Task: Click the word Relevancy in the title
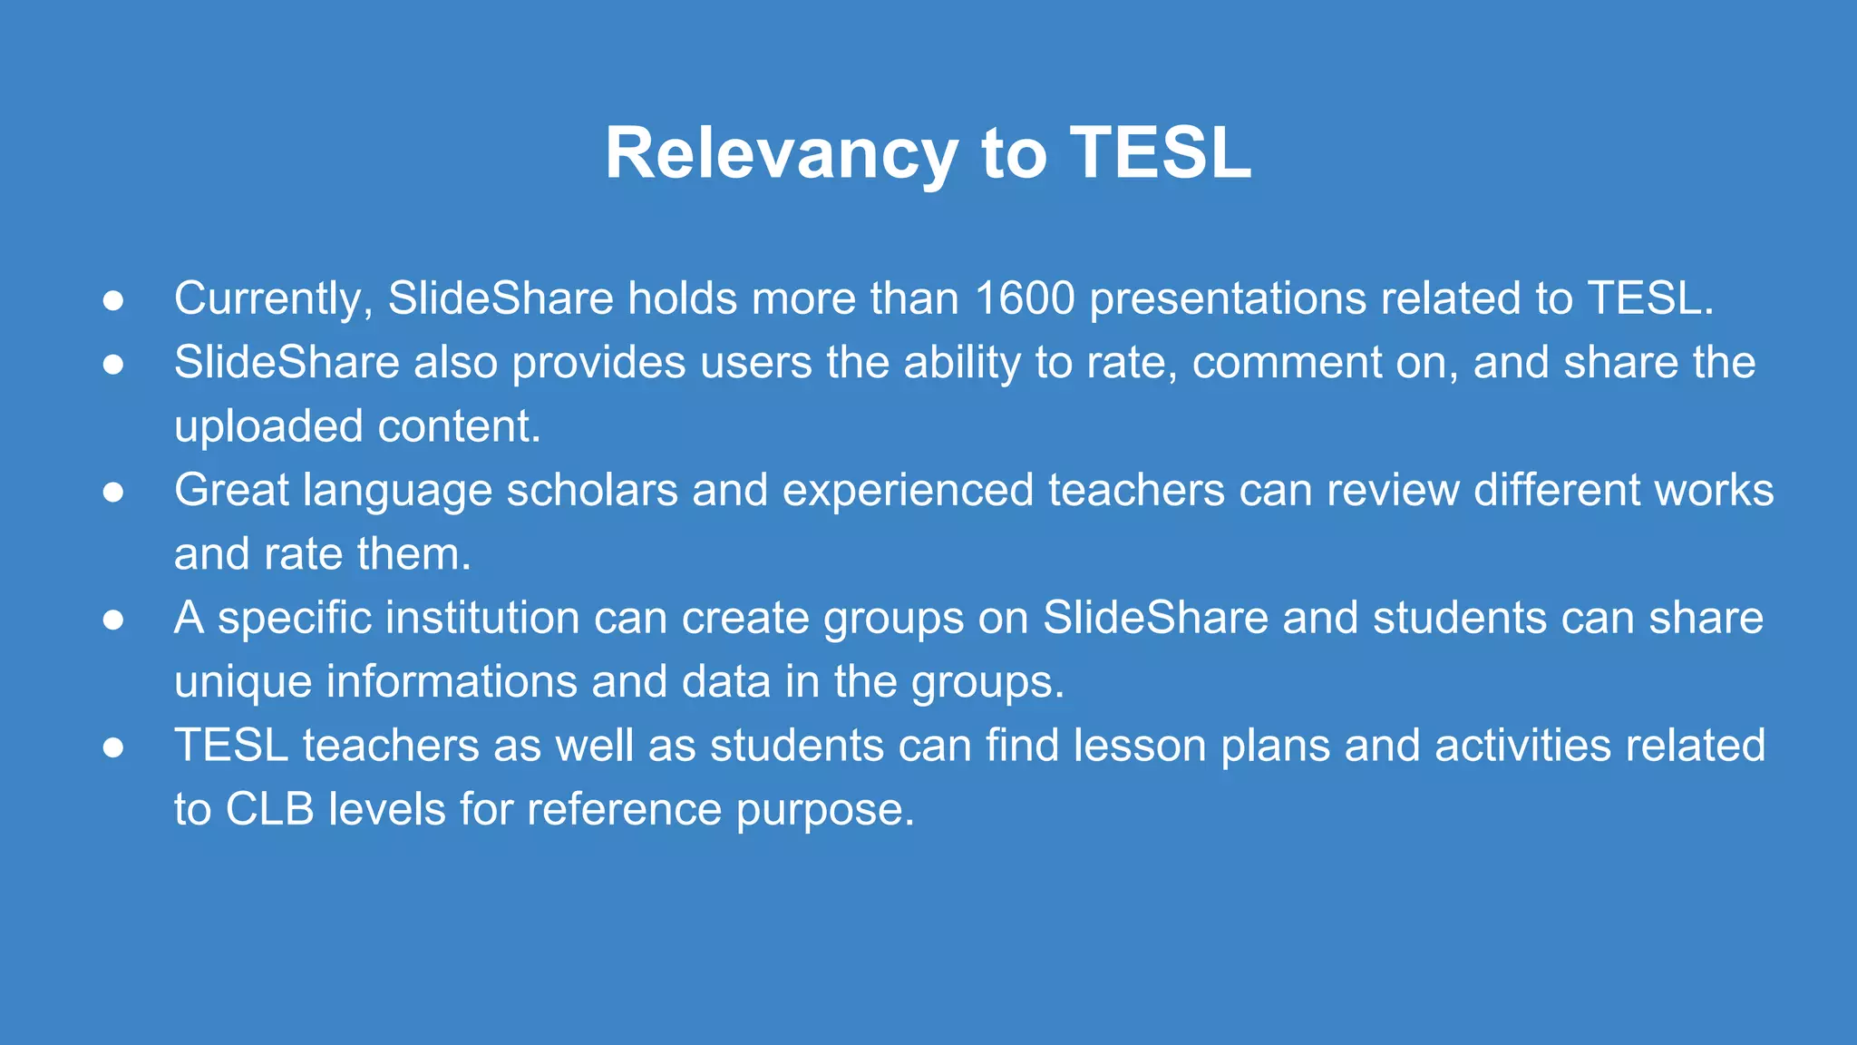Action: [781, 154]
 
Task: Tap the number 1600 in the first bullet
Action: [1025, 298]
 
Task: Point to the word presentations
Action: [1228, 299]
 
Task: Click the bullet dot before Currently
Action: [113, 301]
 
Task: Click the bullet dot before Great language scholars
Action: [113, 493]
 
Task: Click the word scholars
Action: [592, 491]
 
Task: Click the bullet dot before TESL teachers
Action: [113, 747]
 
